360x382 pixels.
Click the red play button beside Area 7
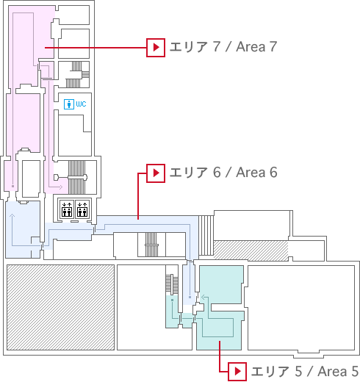(x=156, y=48)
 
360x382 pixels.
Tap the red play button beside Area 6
(x=156, y=173)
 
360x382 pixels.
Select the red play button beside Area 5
(x=237, y=372)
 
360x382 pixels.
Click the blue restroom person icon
(x=69, y=104)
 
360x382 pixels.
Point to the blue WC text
(x=81, y=104)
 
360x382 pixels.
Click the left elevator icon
(x=67, y=209)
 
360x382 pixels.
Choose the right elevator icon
(x=82, y=209)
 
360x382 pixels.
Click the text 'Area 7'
(x=256, y=47)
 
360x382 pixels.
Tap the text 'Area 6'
(x=256, y=173)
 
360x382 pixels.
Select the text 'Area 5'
(x=338, y=372)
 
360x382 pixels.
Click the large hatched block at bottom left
(x=60, y=307)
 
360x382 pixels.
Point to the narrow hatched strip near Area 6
(x=251, y=251)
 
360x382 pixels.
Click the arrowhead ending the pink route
(x=61, y=187)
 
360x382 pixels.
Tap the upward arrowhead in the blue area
(x=12, y=215)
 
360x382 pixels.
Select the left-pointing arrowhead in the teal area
(x=202, y=298)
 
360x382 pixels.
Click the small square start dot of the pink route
(x=12, y=187)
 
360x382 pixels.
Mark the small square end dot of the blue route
(x=190, y=297)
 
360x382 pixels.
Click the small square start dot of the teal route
(x=173, y=300)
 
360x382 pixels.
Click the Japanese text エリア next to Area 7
(x=189, y=47)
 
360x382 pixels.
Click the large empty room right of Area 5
(x=301, y=308)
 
